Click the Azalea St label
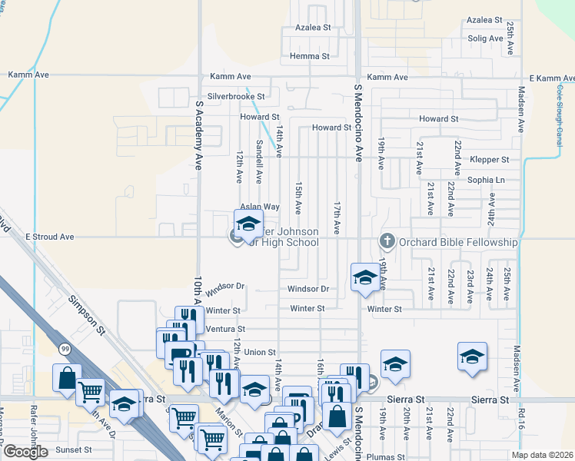[x=313, y=27]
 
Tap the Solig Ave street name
[x=484, y=38]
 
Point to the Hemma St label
[x=310, y=56]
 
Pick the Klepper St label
[x=490, y=160]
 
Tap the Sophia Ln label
[x=490, y=180]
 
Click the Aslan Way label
[x=259, y=207]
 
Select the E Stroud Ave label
[x=49, y=237]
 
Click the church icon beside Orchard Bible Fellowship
[x=387, y=242]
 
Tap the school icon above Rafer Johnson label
[x=248, y=224]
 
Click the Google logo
[x=25, y=452]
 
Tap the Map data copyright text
[x=542, y=455]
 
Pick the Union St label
[x=261, y=352]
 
